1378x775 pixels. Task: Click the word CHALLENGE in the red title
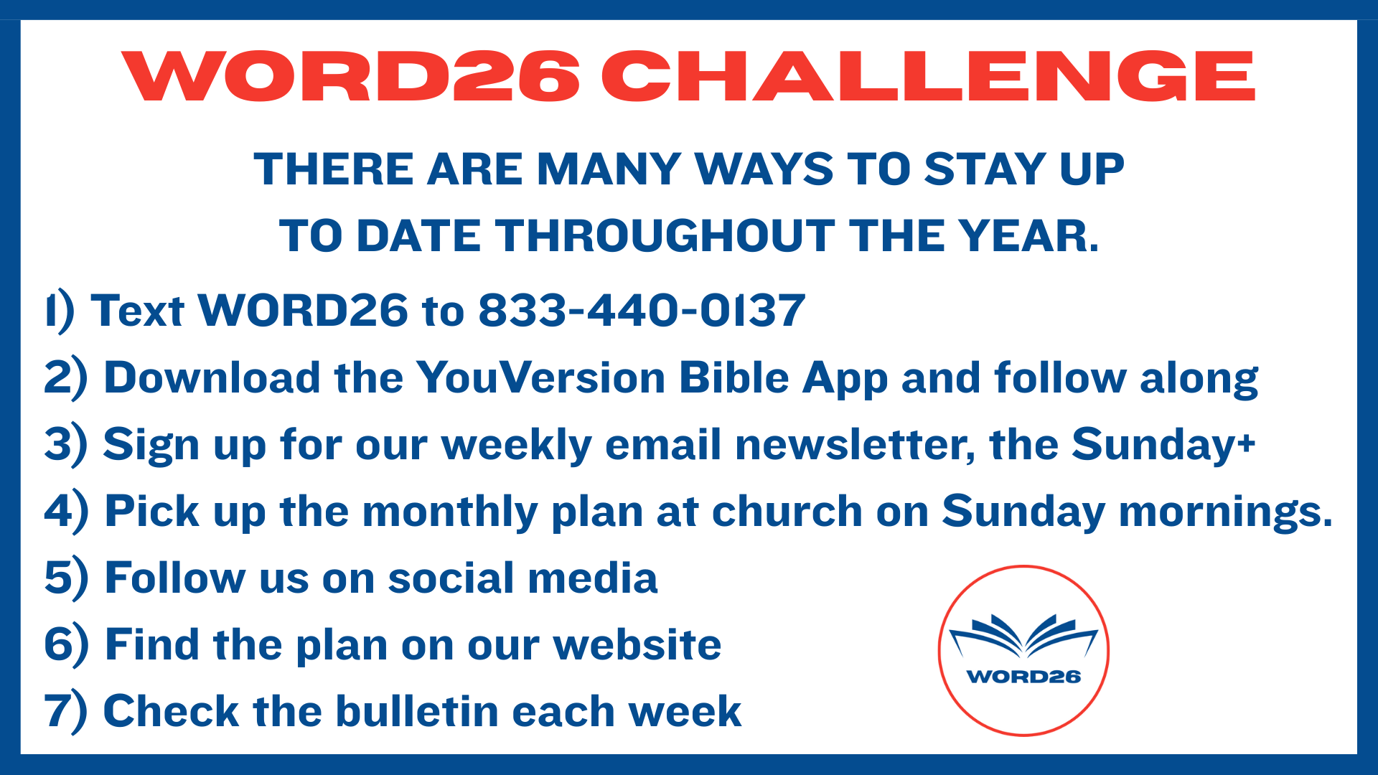click(928, 75)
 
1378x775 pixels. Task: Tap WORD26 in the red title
click(350, 75)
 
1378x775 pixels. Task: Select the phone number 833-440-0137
click(642, 311)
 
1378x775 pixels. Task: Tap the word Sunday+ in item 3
click(1163, 446)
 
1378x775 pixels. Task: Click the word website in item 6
click(637, 644)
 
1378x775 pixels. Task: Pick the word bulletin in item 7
click(417, 711)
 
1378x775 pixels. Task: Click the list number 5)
click(66, 579)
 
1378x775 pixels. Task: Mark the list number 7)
click(66, 713)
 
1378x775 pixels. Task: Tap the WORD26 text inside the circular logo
click(1023, 677)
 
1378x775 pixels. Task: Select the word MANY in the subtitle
click(609, 169)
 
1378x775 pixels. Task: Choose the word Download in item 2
click(212, 377)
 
